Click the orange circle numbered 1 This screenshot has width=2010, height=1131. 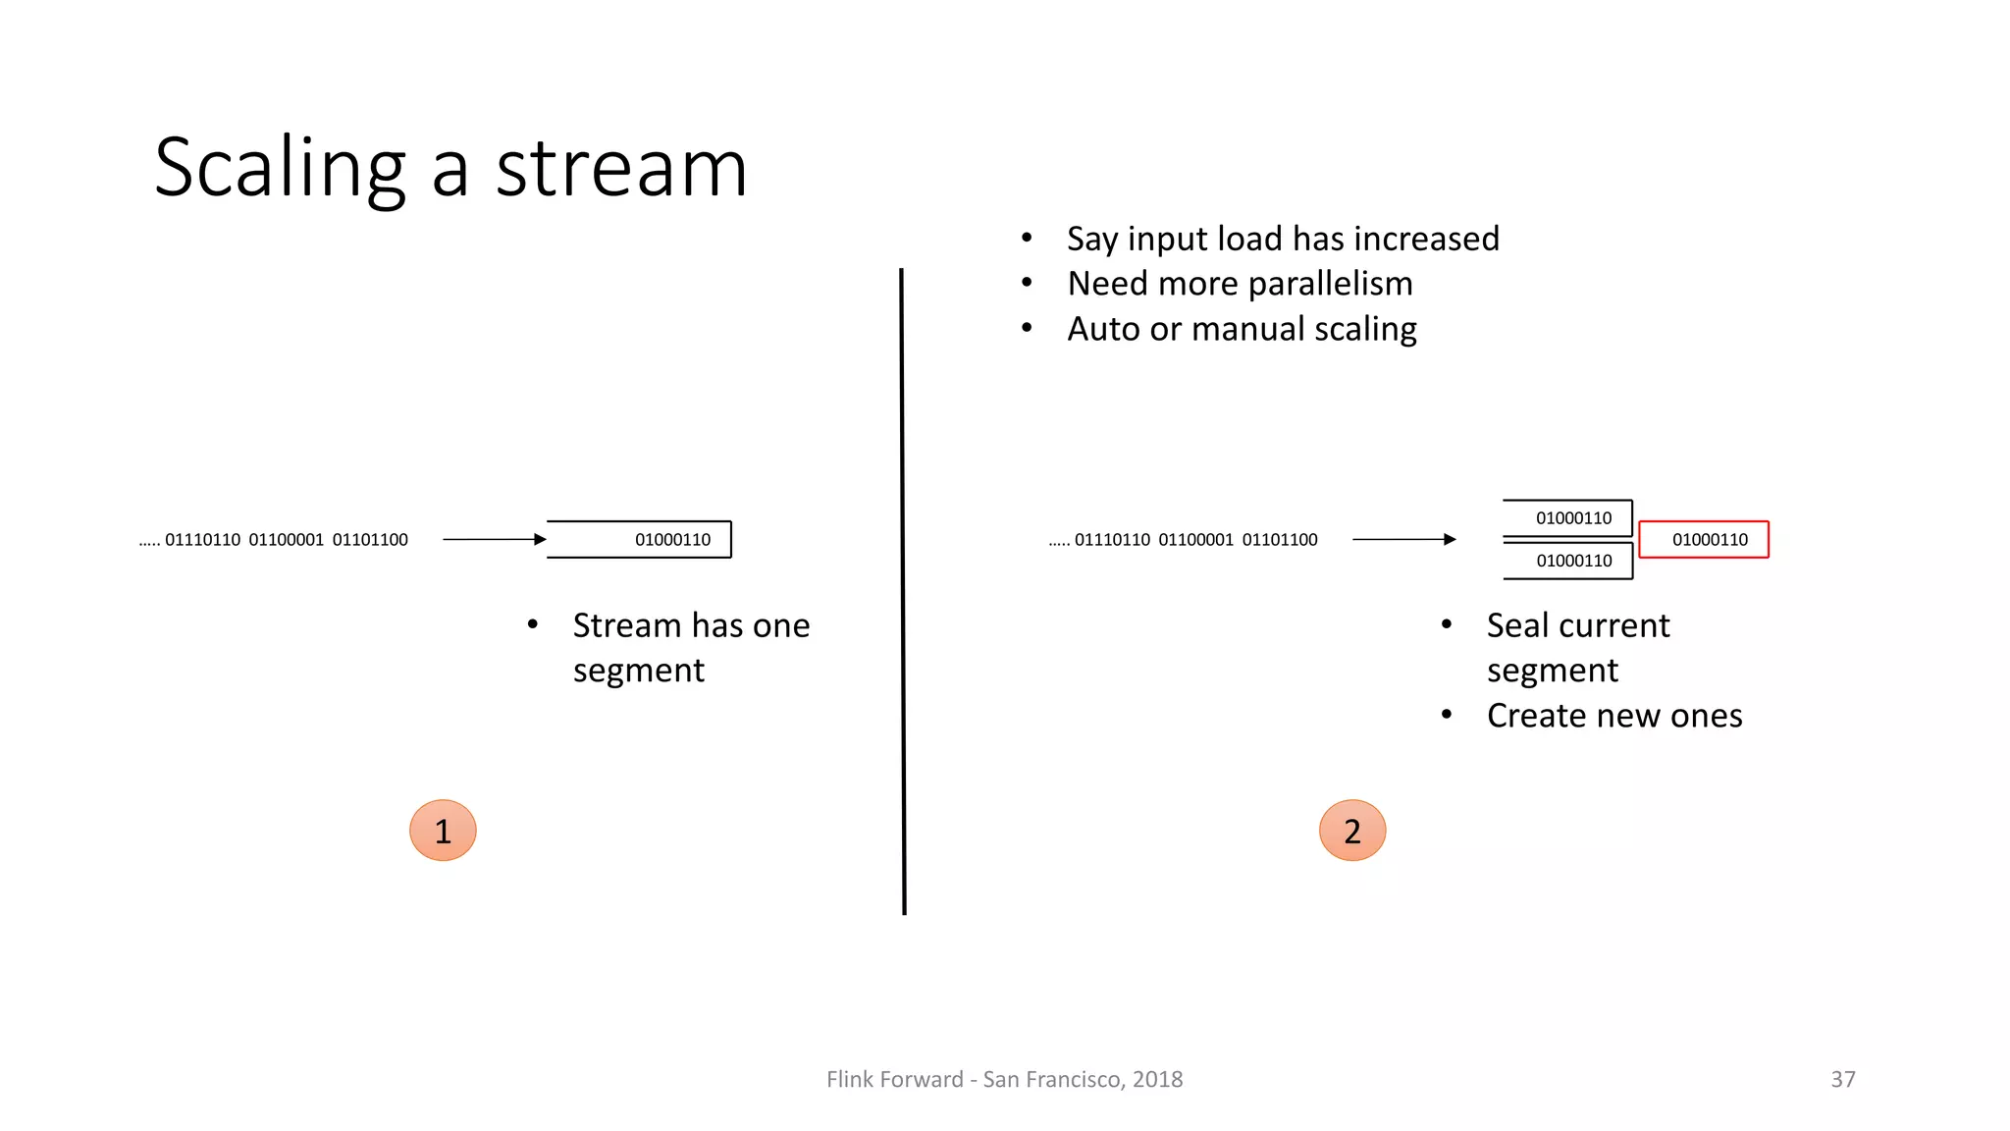(x=443, y=831)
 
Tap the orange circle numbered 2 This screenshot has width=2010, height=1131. (x=1352, y=831)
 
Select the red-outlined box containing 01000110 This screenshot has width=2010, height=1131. (x=1704, y=539)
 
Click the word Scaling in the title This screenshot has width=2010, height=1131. (x=280, y=169)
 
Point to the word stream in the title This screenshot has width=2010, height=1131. (x=621, y=169)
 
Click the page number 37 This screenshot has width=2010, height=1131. (x=1843, y=1079)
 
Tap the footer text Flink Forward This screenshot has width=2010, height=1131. (x=894, y=1079)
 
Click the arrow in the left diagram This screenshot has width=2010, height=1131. (x=494, y=539)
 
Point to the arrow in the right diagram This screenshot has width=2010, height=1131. (x=1403, y=539)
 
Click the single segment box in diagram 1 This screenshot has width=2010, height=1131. (x=640, y=539)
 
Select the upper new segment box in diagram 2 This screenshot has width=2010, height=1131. (x=1568, y=517)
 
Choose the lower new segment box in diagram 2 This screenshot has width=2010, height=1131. (x=1568, y=561)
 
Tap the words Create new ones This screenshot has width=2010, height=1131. (x=1614, y=716)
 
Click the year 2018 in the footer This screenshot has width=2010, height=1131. (x=1157, y=1079)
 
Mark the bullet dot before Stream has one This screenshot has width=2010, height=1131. (x=533, y=624)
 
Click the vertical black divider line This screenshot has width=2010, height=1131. (x=903, y=589)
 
